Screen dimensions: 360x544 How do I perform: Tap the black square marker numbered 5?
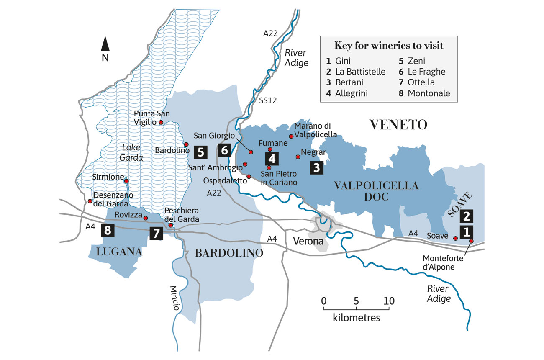200,152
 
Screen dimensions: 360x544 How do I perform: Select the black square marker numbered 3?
317,167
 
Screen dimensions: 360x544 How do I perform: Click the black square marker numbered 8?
108,230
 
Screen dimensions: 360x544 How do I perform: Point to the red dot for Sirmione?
126,181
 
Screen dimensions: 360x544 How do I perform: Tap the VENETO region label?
398,124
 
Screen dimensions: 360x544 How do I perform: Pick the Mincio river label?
175,297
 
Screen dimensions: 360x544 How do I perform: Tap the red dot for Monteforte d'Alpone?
471,241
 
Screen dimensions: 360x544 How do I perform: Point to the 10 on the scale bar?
389,301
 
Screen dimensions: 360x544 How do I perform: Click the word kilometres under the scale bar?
357,317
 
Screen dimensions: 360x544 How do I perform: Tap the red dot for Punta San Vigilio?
161,123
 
